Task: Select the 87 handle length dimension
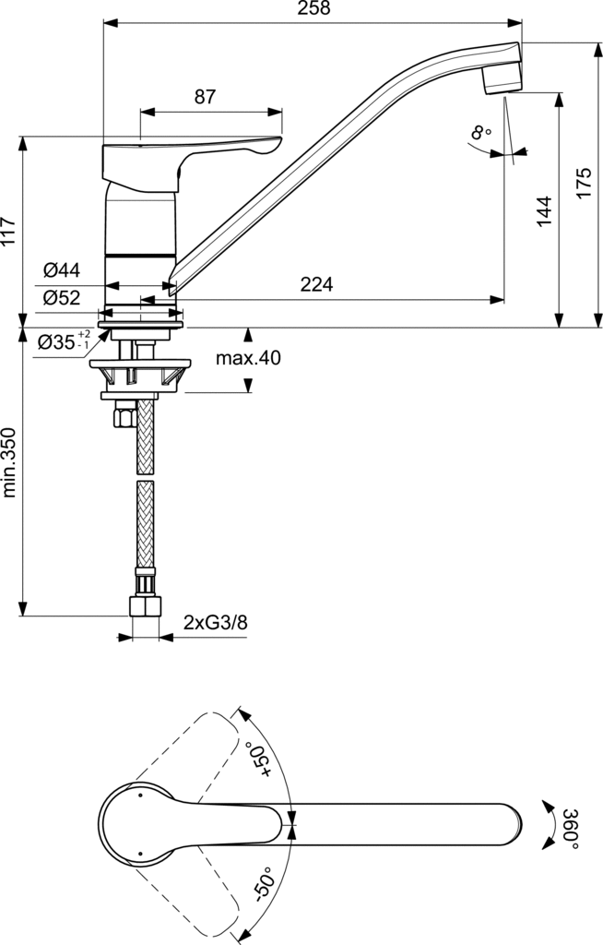(205, 96)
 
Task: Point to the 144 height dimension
(545, 211)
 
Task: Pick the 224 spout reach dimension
(317, 284)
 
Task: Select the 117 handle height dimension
(9, 231)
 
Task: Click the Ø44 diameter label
(62, 270)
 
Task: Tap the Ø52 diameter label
(62, 297)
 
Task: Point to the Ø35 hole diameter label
(64, 341)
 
